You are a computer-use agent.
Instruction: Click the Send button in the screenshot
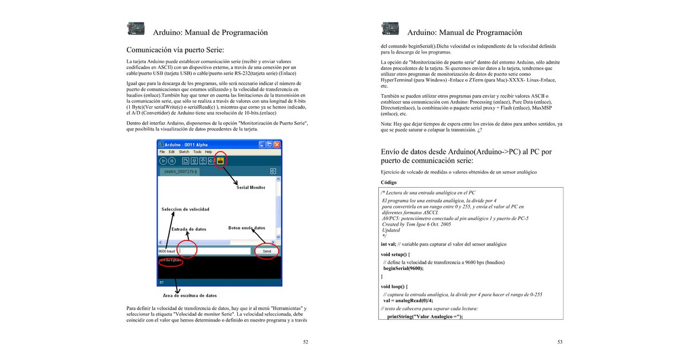pos(266,251)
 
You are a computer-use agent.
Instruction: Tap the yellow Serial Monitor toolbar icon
pos(220,161)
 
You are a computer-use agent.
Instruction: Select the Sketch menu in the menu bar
pos(184,152)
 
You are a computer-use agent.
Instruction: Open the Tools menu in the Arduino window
pos(197,152)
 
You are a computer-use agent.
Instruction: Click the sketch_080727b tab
pos(181,172)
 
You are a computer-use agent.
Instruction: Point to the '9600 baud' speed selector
pos(167,251)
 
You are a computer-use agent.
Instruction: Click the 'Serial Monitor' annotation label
pos(251,187)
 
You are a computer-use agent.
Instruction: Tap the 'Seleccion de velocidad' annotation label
pos(185,209)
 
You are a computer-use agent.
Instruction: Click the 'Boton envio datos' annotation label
pos(247,227)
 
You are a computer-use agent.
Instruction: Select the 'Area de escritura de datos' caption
pos(190,295)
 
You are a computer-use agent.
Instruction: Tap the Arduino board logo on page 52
pos(136,29)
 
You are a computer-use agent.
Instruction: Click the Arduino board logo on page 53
pos(390,29)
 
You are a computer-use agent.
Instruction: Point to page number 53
pos(560,342)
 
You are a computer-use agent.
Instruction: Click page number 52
pos(305,342)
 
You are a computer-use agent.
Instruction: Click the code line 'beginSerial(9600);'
pos(404,268)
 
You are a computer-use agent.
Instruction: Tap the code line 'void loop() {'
pos(394,285)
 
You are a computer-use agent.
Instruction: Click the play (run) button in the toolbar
pos(163,161)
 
